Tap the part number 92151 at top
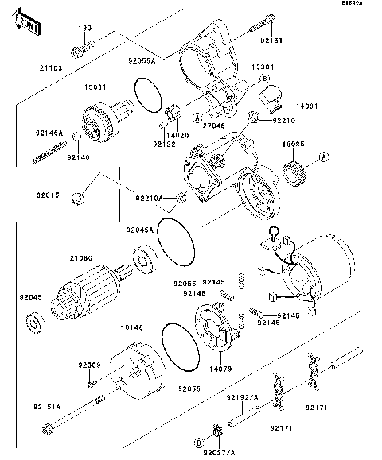click(271, 37)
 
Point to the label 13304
click(263, 68)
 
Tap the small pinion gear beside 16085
click(296, 170)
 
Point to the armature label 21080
click(80, 258)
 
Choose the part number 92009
click(88, 365)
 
